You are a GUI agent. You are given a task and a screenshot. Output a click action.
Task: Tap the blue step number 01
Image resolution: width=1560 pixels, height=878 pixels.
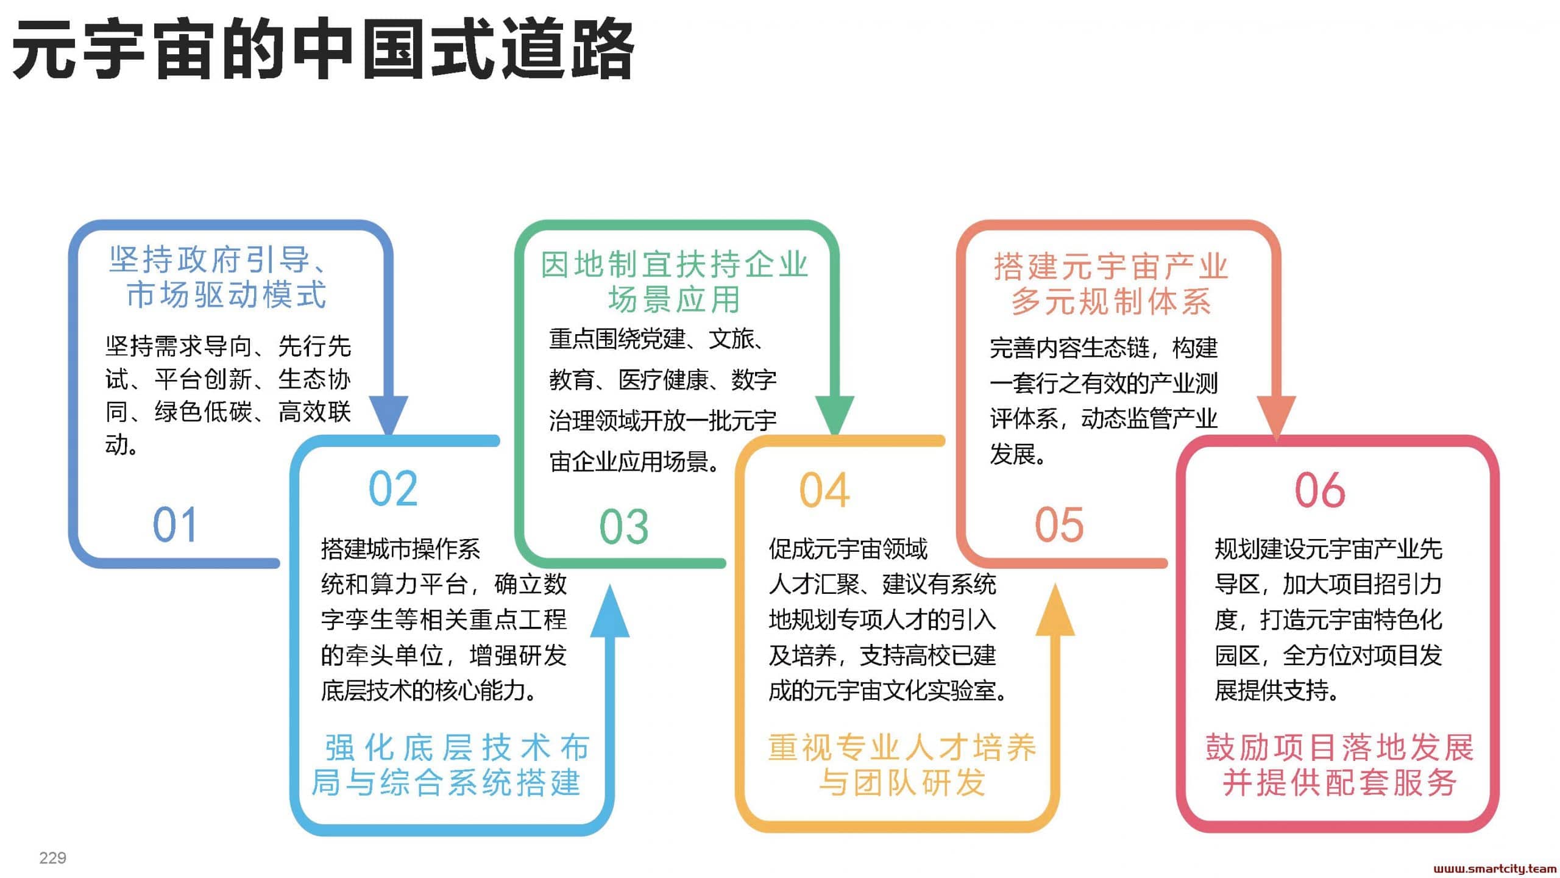tap(175, 524)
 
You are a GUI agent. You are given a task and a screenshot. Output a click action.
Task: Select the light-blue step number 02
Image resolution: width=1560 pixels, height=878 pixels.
tap(394, 488)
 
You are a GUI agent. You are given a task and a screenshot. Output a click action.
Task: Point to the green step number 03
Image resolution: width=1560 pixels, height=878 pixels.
tap(624, 526)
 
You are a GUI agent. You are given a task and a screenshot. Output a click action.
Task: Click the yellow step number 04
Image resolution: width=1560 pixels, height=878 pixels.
tap(824, 490)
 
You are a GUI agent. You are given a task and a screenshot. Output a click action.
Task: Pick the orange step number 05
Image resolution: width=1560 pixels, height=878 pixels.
tap(1060, 524)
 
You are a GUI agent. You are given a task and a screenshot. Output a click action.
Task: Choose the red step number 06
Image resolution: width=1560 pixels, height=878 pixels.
tap(1321, 490)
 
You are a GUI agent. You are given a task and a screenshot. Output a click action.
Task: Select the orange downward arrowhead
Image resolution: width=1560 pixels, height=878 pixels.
tap(1277, 417)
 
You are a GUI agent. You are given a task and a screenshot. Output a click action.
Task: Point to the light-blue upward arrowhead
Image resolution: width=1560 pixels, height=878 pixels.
tap(610, 611)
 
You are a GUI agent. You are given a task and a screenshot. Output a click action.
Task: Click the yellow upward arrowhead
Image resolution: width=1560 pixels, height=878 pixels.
tap(1055, 610)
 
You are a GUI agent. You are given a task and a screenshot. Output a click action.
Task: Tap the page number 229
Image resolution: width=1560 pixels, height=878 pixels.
tap(53, 858)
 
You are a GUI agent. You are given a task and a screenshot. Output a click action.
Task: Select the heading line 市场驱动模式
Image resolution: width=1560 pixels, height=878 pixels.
tap(227, 295)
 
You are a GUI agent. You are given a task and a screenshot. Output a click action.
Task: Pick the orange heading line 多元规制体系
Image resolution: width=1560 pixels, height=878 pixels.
tap(1111, 302)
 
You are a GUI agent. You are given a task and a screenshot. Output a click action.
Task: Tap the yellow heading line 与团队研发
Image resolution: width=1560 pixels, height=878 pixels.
tap(902, 782)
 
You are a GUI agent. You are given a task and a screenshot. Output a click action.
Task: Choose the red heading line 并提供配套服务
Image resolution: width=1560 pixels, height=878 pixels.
tap(1339, 782)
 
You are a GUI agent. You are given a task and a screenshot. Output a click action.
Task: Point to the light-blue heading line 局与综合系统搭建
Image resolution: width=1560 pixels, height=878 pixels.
tap(446, 782)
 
